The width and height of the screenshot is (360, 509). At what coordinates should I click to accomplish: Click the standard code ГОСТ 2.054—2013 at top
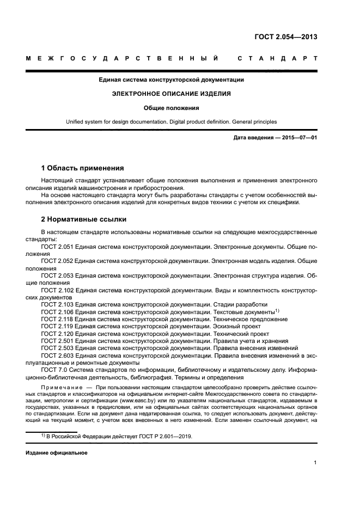[x=285, y=37]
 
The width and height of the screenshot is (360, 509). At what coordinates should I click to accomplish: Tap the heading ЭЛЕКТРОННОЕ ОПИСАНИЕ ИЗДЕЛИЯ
[x=171, y=94]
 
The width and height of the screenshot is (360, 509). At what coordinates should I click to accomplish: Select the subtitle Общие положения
[x=171, y=108]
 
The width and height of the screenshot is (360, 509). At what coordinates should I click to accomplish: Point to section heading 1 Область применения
[x=82, y=168]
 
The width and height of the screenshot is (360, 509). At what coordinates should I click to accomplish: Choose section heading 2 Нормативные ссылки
[x=84, y=219]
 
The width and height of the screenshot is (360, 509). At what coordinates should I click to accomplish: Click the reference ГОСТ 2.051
[x=57, y=247]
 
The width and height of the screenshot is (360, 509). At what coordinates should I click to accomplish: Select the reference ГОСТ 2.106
[x=57, y=312]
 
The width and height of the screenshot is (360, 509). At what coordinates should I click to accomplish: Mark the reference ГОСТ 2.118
[x=57, y=319]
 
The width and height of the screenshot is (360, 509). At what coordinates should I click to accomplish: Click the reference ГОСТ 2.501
[x=57, y=341]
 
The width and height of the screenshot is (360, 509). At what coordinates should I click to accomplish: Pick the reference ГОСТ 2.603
[x=57, y=355]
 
